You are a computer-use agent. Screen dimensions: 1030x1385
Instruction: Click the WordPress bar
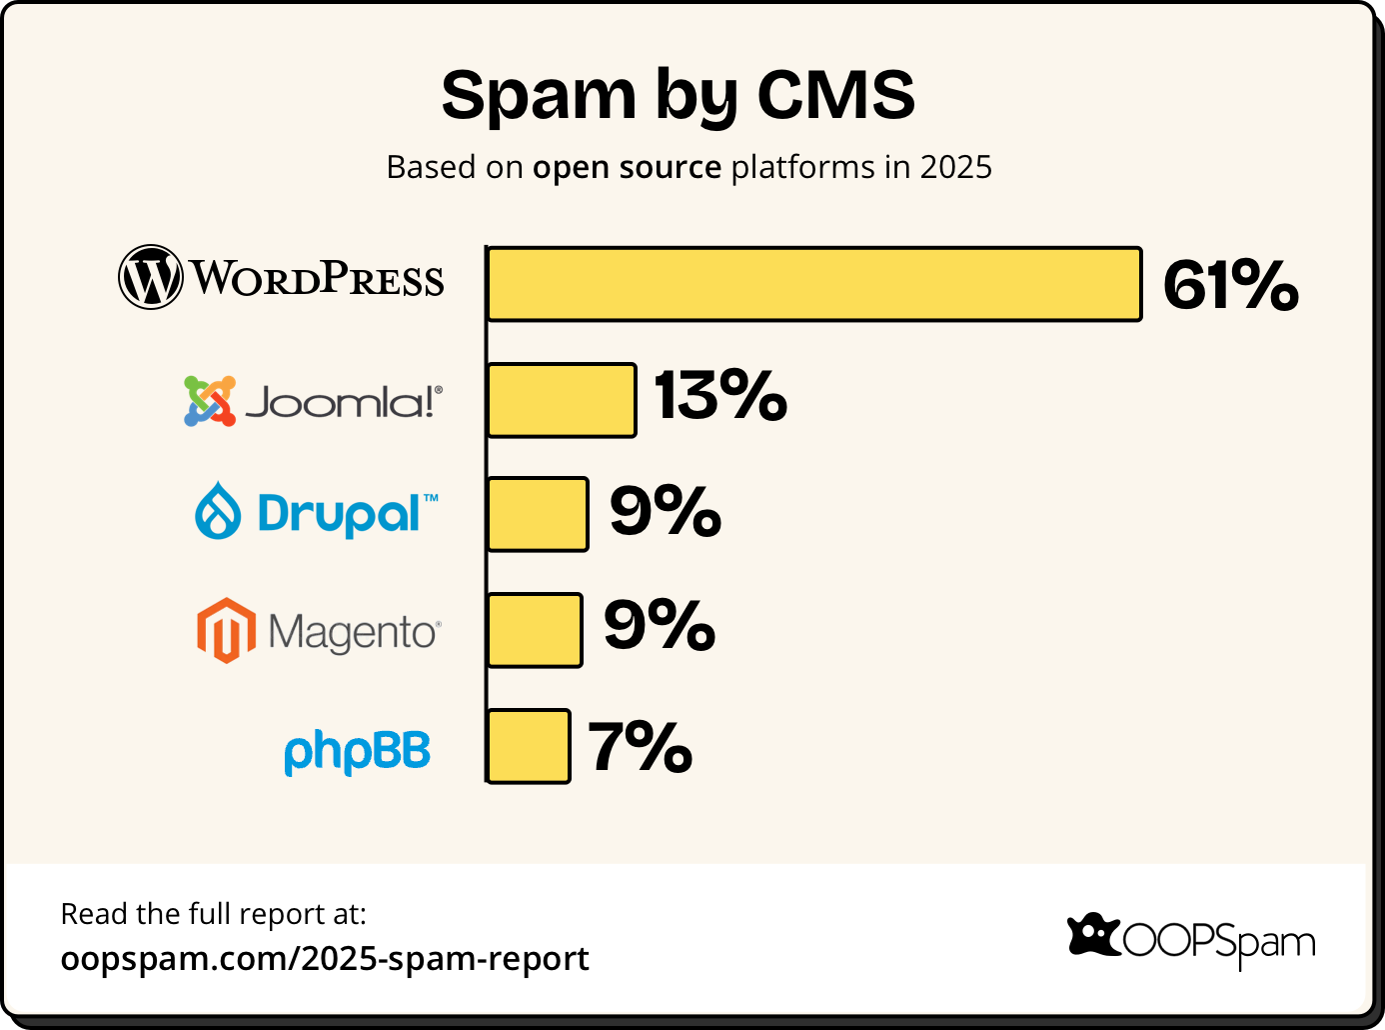pos(813,284)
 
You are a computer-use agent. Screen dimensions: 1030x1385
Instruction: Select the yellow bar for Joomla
pos(562,400)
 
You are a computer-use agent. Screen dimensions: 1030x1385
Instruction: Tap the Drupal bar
pos(538,514)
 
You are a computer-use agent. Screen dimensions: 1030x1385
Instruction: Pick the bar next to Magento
pos(535,630)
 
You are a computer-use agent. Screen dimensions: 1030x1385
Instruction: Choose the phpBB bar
pos(529,746)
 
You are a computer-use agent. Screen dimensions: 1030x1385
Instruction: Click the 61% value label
pos(1230,285)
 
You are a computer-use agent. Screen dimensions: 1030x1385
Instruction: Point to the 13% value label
pos(720,395)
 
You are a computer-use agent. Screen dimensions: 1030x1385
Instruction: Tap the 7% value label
pos(640,747)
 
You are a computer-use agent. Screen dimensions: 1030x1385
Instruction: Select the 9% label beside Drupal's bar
pos(666,511)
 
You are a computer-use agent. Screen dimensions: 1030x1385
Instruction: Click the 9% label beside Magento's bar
pos(660,626)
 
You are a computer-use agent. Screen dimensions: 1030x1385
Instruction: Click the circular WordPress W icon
pos(151,277)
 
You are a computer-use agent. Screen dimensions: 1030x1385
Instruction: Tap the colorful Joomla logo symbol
pos(210,401)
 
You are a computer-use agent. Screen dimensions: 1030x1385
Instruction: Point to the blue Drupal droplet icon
pos(218,511)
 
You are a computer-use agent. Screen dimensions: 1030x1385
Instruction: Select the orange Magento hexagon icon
pos(226,631)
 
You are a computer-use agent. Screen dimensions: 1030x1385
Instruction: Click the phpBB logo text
pos(357,752)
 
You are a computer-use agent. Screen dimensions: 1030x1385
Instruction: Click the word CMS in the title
pos(835,95)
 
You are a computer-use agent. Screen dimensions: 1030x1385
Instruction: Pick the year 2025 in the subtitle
pos(955,167)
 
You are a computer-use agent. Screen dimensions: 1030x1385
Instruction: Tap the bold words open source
pos(627,167)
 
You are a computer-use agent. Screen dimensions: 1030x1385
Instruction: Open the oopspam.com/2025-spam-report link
pos(325,958)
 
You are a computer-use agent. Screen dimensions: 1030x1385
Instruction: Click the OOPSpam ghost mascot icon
pos(1094,936)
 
